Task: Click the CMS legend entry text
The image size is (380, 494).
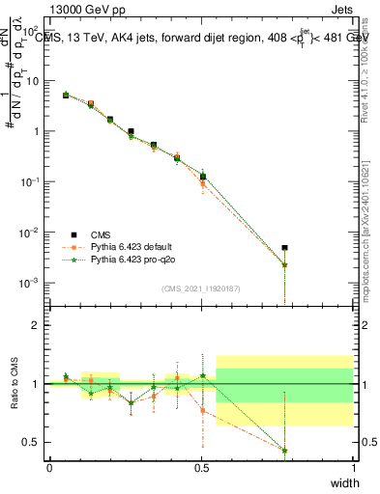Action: pos(100,234)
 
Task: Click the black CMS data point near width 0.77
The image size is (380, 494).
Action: pos(284,248)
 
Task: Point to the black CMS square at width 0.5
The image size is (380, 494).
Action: pos(202,176)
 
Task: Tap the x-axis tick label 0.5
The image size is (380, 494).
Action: pos(201,468)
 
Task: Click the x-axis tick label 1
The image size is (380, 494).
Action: pos(353,468)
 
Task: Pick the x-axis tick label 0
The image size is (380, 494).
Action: pos(49,468)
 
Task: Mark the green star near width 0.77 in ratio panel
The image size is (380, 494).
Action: pos(284,451)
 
